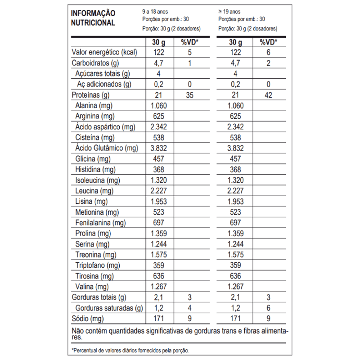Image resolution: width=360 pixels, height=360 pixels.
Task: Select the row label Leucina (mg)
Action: coord(95,191)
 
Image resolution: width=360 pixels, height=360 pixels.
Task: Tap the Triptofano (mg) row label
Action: coord(98,265)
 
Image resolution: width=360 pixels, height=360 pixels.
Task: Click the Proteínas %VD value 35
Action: coord(190,95)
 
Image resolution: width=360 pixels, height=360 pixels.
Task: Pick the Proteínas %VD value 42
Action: coord(269,95)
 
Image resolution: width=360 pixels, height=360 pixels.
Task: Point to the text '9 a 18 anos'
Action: coord(156,11)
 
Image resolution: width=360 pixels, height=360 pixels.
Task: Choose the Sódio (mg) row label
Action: coord(88,319)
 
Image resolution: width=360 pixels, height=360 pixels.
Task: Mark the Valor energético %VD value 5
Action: coord(190,53)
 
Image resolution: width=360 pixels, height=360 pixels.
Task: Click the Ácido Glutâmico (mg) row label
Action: coord(106,148)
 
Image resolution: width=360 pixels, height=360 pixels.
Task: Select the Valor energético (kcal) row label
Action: coord(103,53)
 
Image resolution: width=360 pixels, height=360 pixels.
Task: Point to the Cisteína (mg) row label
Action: coord(95,138)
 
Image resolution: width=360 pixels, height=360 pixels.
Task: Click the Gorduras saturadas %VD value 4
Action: coord(190,308)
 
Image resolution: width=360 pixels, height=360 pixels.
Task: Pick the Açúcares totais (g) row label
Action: coord(103,74)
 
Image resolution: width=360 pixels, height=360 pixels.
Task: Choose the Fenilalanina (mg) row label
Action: coord(100,223)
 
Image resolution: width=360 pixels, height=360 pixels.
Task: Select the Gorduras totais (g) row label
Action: coord(99,297)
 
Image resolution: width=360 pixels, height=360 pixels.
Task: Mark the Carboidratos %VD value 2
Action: coord(269,63)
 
